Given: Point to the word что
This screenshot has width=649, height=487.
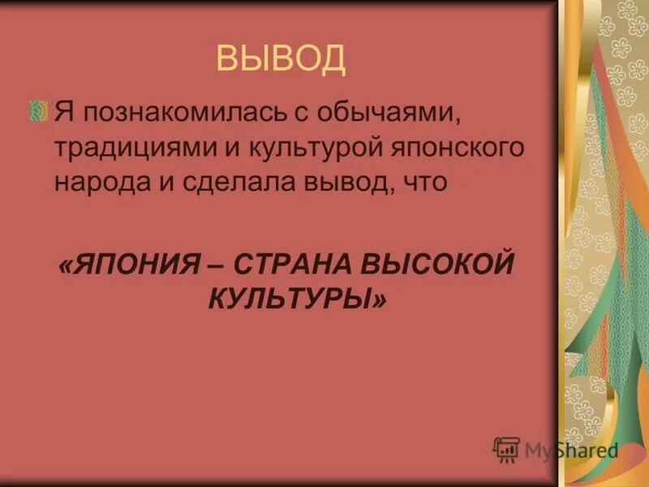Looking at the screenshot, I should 423,183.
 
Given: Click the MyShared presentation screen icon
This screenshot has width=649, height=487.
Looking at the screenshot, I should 506,449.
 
